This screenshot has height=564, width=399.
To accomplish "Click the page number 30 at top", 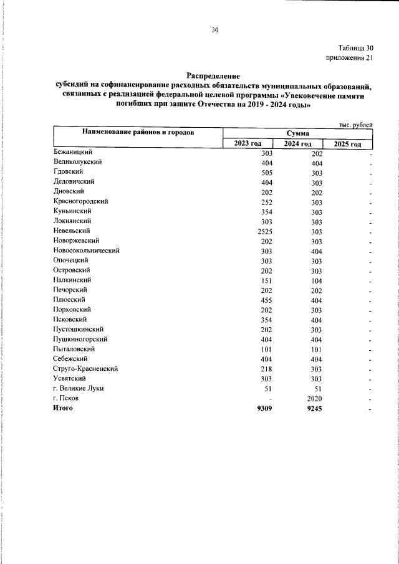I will tap(215, 29).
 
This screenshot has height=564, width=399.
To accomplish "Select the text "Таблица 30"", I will tap(355, 48).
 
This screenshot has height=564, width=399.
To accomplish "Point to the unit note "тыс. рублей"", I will tap(355, 125).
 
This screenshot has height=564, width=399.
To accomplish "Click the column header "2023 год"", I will tap(248, 144).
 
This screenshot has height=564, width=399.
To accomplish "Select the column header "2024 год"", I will tap(298, 144).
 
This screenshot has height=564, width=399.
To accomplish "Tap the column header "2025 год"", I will tap(348, 144).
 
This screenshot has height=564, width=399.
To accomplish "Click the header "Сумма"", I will tap(298, 133).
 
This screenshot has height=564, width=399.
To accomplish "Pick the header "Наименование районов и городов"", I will tap(137, 133).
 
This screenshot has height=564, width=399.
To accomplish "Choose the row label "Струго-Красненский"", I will tap(86, 368).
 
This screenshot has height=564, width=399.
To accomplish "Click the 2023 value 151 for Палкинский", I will tap(267, 280).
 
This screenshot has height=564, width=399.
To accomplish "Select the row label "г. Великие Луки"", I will tap(79, 388).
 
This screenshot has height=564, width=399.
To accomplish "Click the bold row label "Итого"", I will tap(64, 408).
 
